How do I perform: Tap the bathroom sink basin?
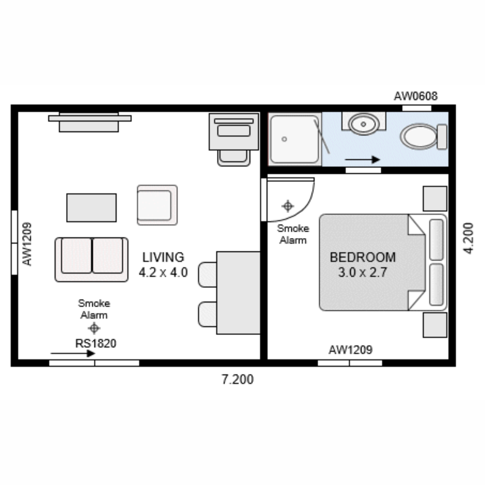point(363,124)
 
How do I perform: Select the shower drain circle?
point(284,139)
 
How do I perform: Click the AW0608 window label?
point(415,96)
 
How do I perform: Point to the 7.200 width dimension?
point(237,380)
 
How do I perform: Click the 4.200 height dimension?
point(468,238)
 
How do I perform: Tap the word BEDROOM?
point(362,257)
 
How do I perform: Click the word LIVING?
point(163,257)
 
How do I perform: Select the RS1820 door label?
point(96,344)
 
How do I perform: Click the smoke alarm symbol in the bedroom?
point(287,206)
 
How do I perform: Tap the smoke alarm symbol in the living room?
point(94,328)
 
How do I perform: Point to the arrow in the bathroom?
point(362,159)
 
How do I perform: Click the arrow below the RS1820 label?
point(72,353)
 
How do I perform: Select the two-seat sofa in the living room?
point(92,260)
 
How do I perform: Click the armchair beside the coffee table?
point(157,205)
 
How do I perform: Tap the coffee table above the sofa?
point(92,207)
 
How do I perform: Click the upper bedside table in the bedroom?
point(435,198)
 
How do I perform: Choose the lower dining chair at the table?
point(207,314)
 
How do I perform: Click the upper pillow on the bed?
point(436,239)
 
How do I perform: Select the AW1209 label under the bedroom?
point(350,350)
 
